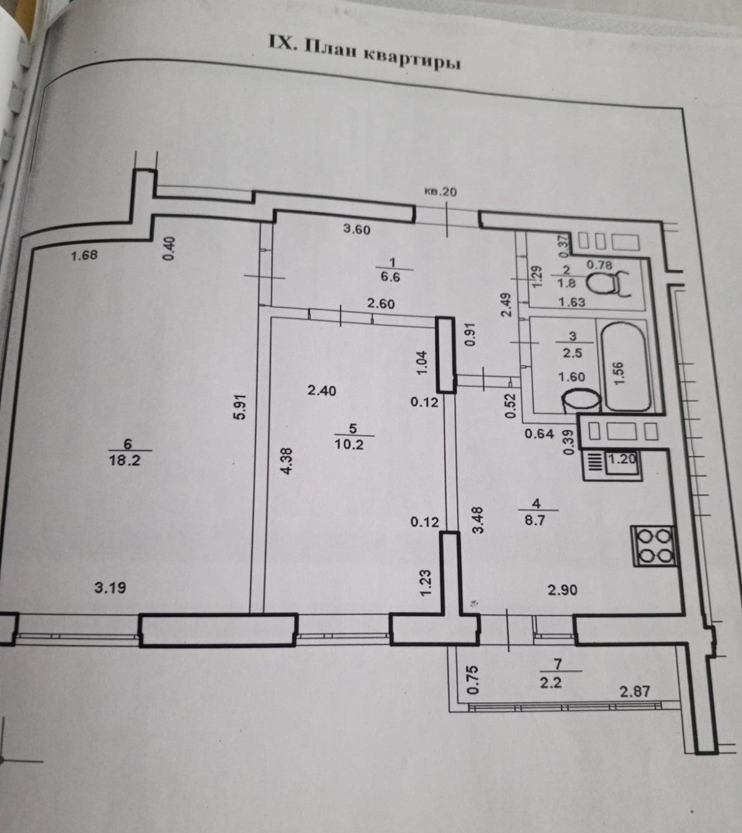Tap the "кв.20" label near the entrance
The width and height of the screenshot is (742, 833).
(440, 192)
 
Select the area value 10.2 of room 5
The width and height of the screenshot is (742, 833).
(349, 445)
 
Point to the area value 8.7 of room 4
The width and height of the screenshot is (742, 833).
(535, 519)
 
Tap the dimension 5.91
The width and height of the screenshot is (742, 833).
(241, 408)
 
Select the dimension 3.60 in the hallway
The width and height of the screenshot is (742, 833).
(356, 229)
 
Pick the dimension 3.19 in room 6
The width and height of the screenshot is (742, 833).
(110, 587)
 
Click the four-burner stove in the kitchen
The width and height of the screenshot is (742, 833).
(654, 546)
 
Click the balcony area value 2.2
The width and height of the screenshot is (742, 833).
(551, 682)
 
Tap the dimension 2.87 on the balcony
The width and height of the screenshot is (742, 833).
(634, 691)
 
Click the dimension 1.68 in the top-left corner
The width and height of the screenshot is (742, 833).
(84, 255)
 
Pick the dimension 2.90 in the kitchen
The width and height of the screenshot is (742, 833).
(562, 589)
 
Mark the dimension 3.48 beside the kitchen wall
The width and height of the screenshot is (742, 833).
(478, 519)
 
